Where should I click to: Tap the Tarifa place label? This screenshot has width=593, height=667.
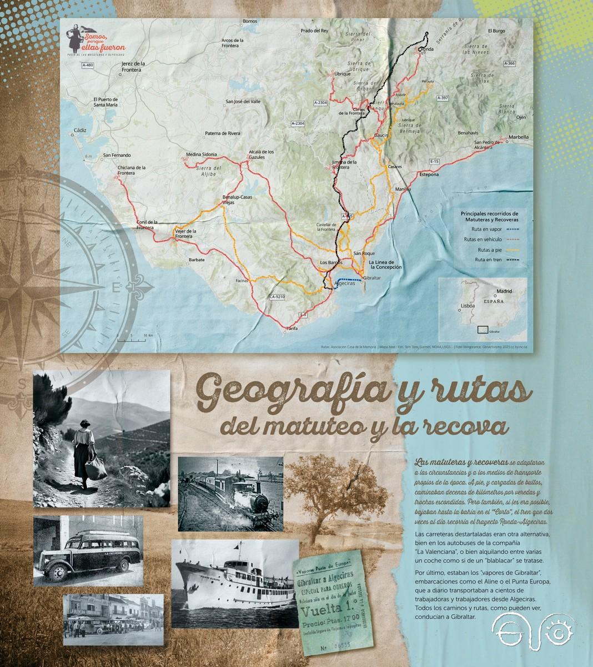coord(292,328)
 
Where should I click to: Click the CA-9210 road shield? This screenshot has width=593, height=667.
coord(277,297)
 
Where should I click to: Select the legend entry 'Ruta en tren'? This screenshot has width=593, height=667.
coord(487,260)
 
